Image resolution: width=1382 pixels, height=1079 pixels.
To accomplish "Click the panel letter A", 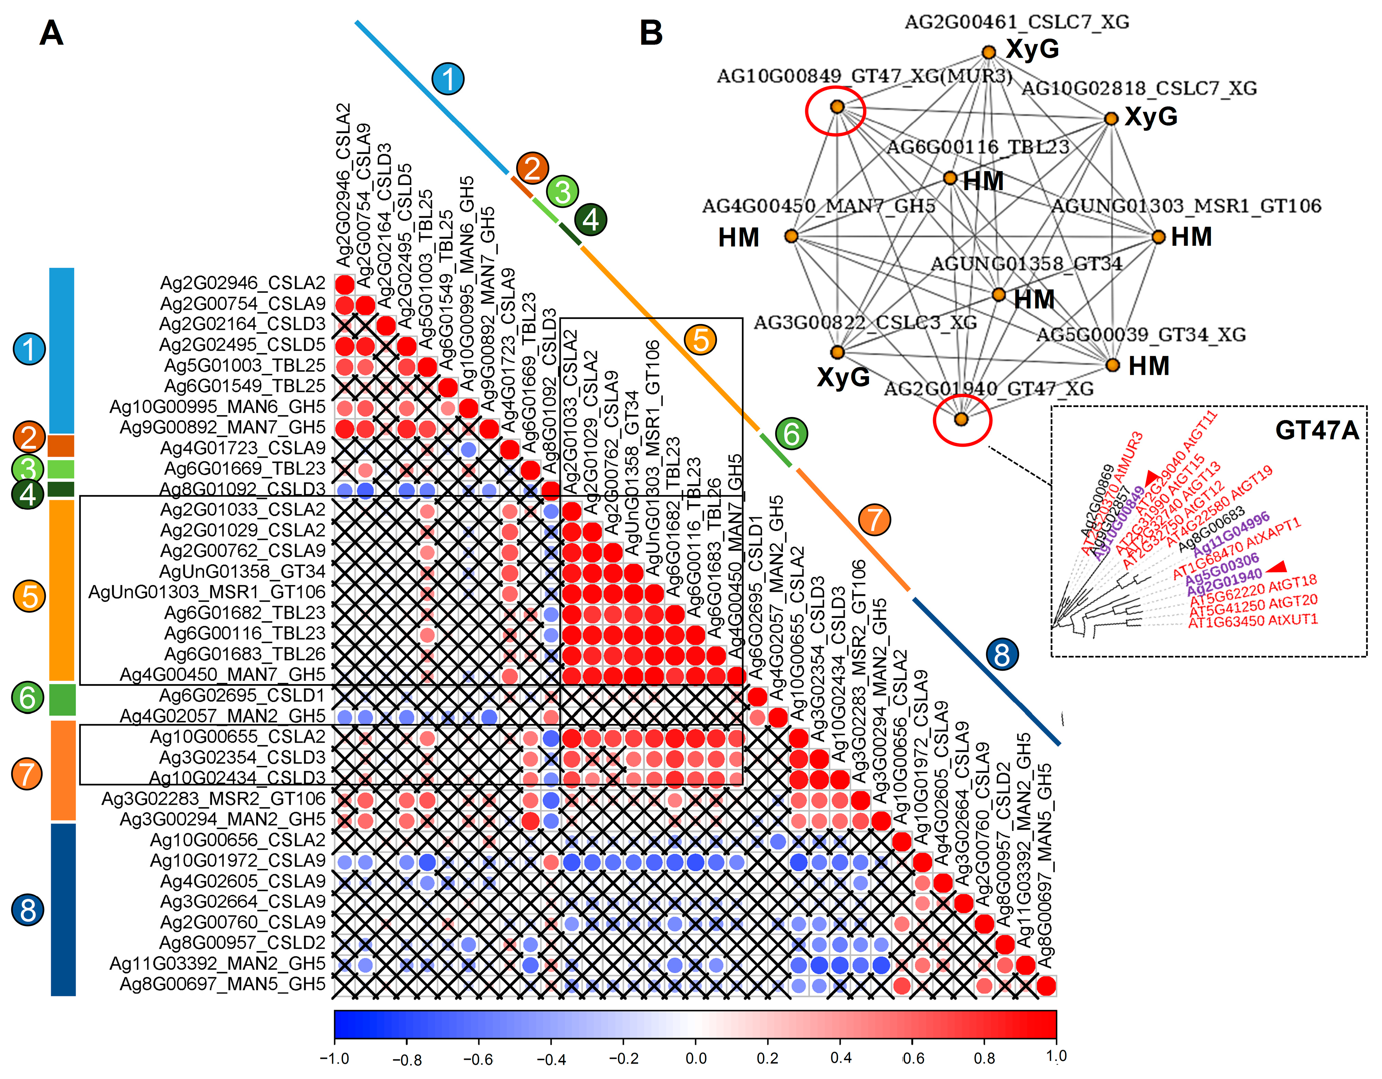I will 51,33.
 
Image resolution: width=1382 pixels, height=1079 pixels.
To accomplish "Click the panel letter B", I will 651,33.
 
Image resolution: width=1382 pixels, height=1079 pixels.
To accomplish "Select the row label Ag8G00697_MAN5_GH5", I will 223,984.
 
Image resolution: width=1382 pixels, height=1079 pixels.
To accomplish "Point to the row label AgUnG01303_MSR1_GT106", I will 207,592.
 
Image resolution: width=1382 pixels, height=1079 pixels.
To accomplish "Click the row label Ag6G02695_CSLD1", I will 242,695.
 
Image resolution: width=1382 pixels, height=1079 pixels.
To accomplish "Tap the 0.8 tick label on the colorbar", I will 985,1058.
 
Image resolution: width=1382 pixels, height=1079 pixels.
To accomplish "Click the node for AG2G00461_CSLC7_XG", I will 989,52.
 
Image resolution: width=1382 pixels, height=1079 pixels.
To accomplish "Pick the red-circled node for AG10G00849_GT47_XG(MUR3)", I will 837,107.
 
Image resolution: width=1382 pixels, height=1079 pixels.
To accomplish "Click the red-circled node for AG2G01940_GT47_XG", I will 961,419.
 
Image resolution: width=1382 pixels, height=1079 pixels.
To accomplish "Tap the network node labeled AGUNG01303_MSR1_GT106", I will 1158,237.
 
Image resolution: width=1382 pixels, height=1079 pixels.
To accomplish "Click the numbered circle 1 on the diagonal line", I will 448,79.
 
